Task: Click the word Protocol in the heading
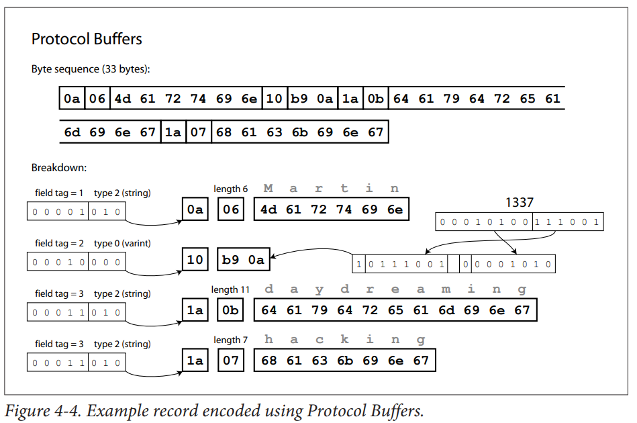click(60, 39)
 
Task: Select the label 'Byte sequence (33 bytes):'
click(91, 69)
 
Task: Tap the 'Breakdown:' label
click(59, 167)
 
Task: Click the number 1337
click(519, 202)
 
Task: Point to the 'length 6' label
click(230, 189)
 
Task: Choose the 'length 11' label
click(230, 289)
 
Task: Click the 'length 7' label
click(230, 340)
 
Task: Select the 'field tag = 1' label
click(59, 193)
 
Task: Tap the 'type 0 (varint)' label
click(122, 243)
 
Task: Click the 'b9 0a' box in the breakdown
click(244, 259)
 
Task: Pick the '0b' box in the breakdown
click(230, 310)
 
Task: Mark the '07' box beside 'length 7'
click(230, 360)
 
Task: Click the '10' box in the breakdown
click(195, 259)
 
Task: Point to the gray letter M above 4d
click(268, 188)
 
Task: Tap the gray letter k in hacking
click(344, 339)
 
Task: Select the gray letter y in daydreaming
click(320, 289)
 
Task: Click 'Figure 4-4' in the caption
click(43, 411)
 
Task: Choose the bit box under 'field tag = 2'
click(77, 262)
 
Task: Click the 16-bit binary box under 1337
click(519, 222)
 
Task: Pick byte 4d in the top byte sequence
click(122, 98)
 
